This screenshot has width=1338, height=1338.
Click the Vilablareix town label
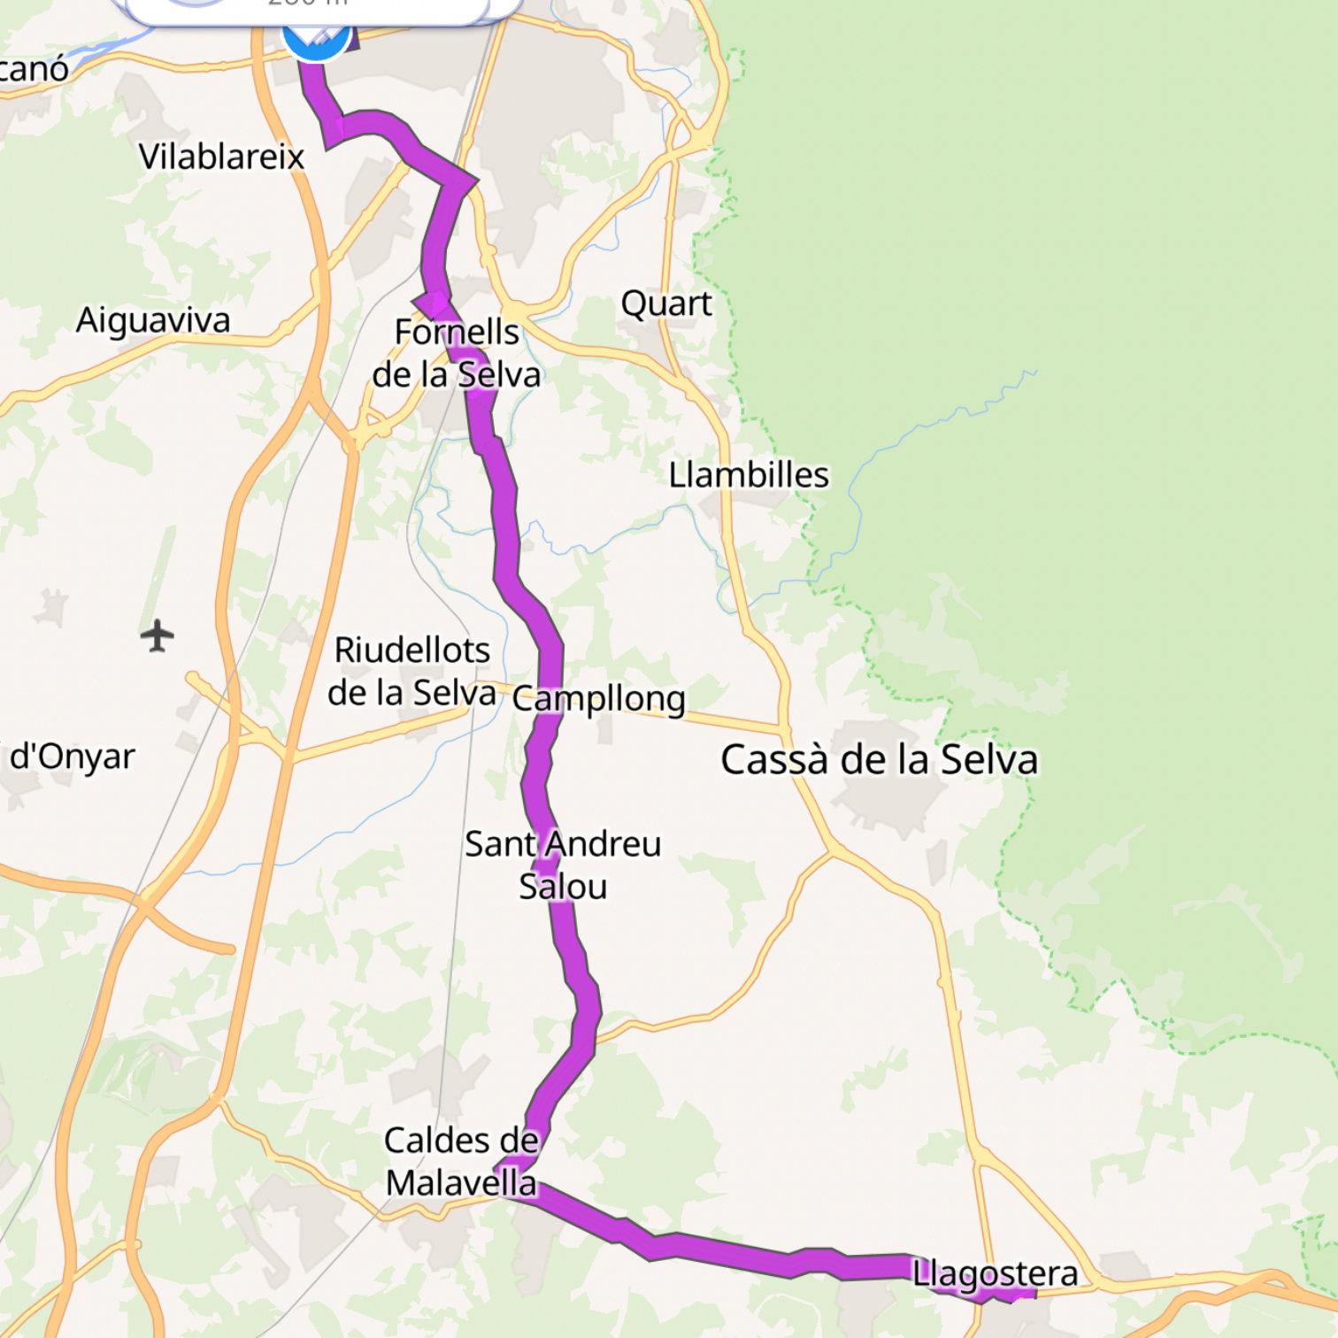tap(221, 158)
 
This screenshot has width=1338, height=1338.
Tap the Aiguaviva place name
tap(153, 320)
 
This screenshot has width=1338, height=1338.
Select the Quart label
tap(665, 304)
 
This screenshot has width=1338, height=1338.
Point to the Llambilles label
tap(749, 475)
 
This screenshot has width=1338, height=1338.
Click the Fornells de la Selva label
tap(457, 354)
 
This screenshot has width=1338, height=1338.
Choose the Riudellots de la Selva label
tap(411, 672)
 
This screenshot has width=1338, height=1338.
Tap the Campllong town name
tap(599, 699)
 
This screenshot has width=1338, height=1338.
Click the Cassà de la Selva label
tap(879, 759)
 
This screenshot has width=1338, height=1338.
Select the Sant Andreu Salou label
tap(563, 865)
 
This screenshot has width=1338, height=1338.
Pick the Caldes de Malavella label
tap(461, 1161)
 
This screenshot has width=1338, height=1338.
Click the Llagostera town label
tap(996, 1274)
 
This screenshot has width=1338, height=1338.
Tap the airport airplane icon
tap(158, 635)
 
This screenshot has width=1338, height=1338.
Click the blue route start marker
tap(315, 37)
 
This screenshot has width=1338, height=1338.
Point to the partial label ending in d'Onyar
tap(71, 757)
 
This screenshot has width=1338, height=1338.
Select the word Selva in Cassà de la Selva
tap(988, 759)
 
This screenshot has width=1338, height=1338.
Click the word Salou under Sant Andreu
tap(563, 887)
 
